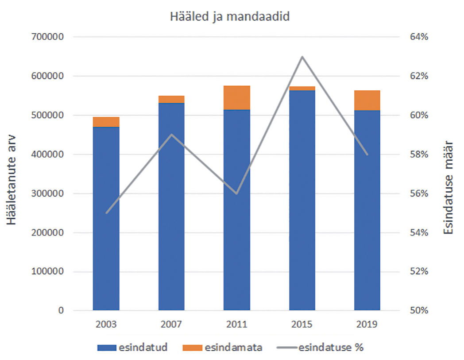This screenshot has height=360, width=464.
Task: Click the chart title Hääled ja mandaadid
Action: pos(230,17)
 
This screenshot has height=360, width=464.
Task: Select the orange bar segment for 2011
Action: pos(237,97)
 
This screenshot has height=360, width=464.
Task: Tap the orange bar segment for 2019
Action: pos(367,100)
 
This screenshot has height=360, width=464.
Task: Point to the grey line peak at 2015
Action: pos(302,57)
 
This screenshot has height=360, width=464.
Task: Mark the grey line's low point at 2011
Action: pos(237,194)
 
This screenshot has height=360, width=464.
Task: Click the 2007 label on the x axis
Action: pos(171,324)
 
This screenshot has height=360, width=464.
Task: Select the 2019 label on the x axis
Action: pos(367,324)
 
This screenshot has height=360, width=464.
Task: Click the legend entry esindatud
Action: pos(143,348)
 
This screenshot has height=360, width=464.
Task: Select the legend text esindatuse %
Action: pos(331,348)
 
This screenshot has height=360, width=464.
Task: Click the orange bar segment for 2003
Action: pos(106,122)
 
